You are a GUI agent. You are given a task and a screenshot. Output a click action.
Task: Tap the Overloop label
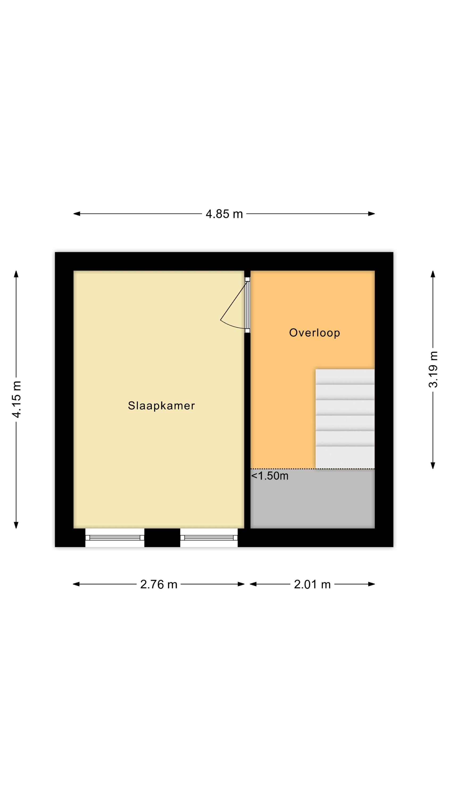[314, 333]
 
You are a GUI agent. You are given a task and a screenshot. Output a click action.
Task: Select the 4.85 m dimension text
[224, 214]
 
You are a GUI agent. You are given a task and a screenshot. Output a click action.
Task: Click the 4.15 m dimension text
[16, 399]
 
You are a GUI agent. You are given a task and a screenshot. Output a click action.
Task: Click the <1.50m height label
[269, 476]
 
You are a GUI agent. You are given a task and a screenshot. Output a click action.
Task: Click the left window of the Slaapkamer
[115, 538]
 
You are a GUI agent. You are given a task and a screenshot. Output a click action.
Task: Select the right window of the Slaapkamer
[209, 538]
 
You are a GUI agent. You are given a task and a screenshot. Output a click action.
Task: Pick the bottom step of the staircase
[345, 457]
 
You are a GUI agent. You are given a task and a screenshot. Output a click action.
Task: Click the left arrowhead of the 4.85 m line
[77, 214]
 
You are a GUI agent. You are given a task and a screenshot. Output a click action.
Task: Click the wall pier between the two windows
[162, 538]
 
